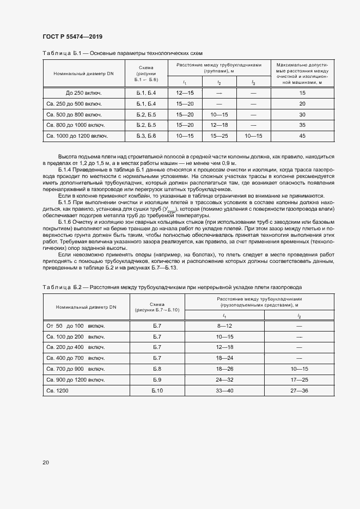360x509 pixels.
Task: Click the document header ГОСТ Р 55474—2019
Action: click(72, 36)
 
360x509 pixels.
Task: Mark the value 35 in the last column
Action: click(302, 124)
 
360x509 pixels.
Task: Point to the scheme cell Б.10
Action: click(157, 390)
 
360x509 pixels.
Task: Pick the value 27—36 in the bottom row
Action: click(299, 390)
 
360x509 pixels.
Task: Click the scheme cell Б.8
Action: click(157, 368)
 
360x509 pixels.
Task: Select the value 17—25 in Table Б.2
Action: click(299, 379)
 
